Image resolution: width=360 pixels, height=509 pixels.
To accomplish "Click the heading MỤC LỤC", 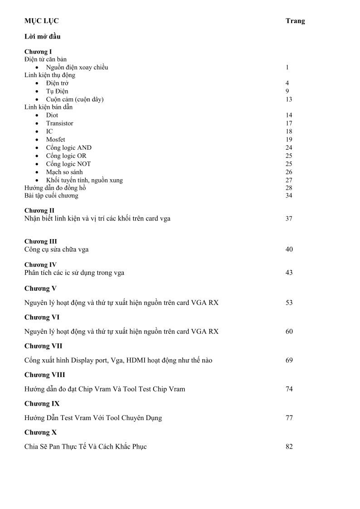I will [41, 21].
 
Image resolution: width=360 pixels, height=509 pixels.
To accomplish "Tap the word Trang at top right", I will [295, 21].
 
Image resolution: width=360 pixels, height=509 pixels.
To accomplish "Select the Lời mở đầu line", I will [42, 36].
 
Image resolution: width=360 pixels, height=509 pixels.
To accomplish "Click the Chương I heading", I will [38, 52].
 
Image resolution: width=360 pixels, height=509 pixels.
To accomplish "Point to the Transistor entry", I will [59, 123].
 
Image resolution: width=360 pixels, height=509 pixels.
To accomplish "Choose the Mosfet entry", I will [55, 140].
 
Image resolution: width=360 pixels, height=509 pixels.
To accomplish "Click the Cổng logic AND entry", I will [68, 148].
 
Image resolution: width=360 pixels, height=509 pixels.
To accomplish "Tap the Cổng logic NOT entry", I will [68, 164].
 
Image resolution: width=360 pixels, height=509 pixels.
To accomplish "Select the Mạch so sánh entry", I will [64, 172].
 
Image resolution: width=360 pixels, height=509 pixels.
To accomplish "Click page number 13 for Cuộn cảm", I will [289, 99].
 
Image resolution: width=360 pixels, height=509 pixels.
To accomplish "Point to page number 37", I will [289, 219].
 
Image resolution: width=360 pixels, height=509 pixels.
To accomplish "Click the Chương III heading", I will [40, 241].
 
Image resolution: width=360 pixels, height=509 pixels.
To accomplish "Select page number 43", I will [289, 273].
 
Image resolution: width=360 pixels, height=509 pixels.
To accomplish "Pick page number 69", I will [289, 360].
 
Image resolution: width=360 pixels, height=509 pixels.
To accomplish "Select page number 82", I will [289, 446].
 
